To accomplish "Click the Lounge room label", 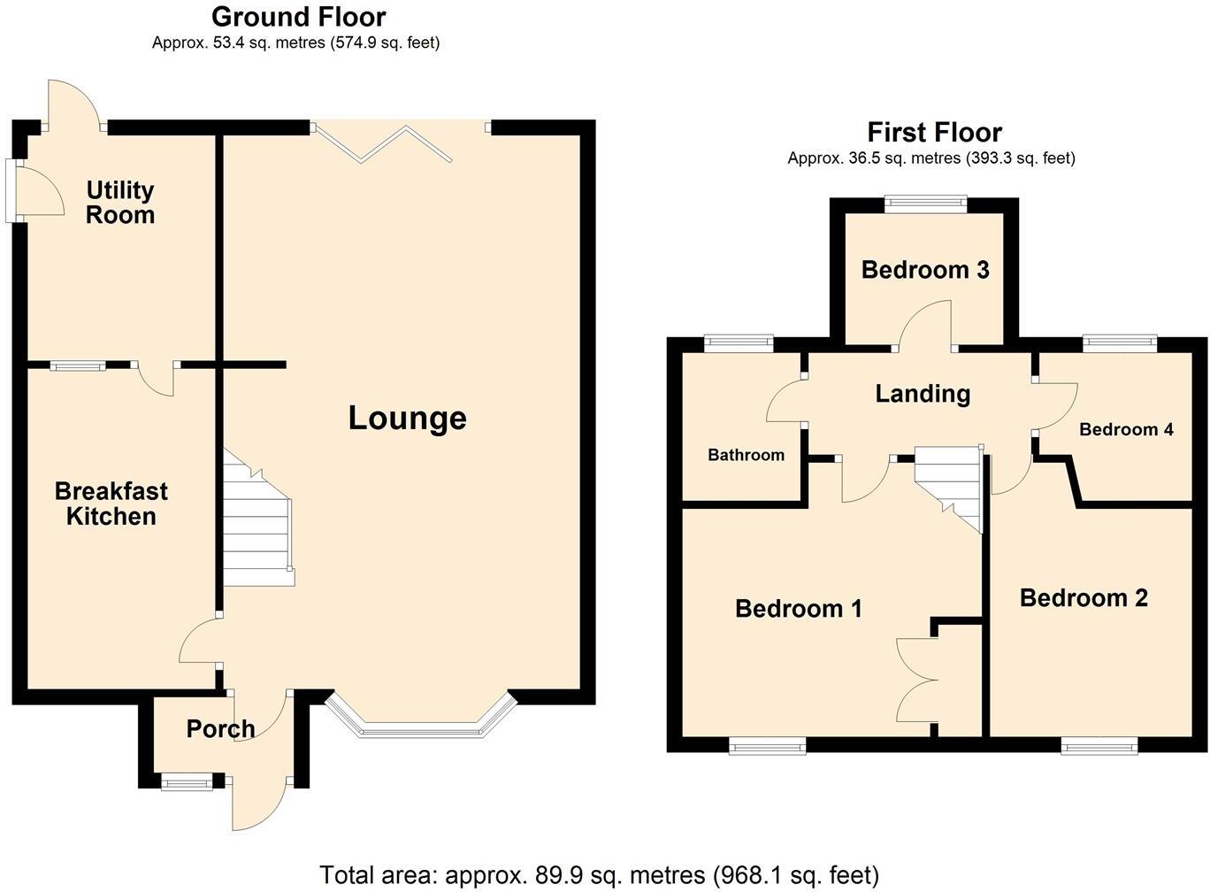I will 407,418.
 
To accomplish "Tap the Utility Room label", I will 120,203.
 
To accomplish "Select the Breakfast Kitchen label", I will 111,504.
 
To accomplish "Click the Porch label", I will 220,728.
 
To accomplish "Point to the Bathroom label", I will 746,455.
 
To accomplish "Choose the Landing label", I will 923,394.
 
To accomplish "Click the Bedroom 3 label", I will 924,270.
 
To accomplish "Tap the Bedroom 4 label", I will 1126,429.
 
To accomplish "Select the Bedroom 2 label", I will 1084,598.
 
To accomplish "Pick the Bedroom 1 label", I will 798,609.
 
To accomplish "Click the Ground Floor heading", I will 298,17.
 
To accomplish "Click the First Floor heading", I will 934,133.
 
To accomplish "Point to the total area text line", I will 599,875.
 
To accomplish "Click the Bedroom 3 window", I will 926,204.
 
